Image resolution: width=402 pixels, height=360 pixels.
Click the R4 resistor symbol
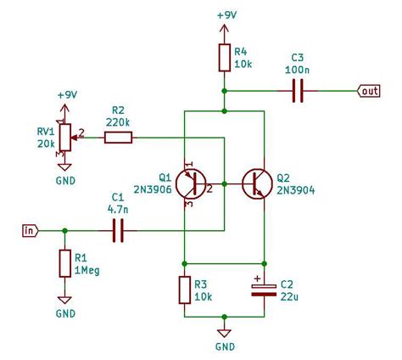[x=225, y=58]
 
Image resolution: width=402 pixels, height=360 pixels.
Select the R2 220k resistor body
[x=118, y=138]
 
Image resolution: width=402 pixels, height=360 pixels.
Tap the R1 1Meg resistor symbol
[x=64, y=263]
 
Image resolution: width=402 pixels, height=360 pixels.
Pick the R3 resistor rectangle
[x=185, y=290]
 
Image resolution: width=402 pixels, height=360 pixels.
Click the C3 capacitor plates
[x=298, y=91]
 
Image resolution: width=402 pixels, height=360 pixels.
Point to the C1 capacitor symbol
[x=118, y=231]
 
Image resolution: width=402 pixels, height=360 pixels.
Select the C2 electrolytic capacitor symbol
[x=264, y=290]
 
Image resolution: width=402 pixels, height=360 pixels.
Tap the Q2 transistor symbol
[x=257, y=184]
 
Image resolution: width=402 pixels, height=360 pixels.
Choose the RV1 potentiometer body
[x=65, y=138]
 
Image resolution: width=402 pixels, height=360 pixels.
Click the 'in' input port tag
[x=31, y=231]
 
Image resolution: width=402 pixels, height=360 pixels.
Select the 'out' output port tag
[x=368, y=91]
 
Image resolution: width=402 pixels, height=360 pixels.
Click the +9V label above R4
[x=226, y=15]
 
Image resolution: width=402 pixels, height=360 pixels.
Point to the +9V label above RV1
[x=67, y=95]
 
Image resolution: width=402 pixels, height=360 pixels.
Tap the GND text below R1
[x=65, y=313]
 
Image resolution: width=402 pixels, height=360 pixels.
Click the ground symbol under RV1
[x=64, y=167]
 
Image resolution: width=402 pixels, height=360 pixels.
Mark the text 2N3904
[x=296, y=190]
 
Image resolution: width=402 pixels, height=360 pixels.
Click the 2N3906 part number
[x=153, y=189]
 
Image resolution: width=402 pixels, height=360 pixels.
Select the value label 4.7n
[x=118, y=210]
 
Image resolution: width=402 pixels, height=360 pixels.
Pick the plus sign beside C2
[x=257, y=278]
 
